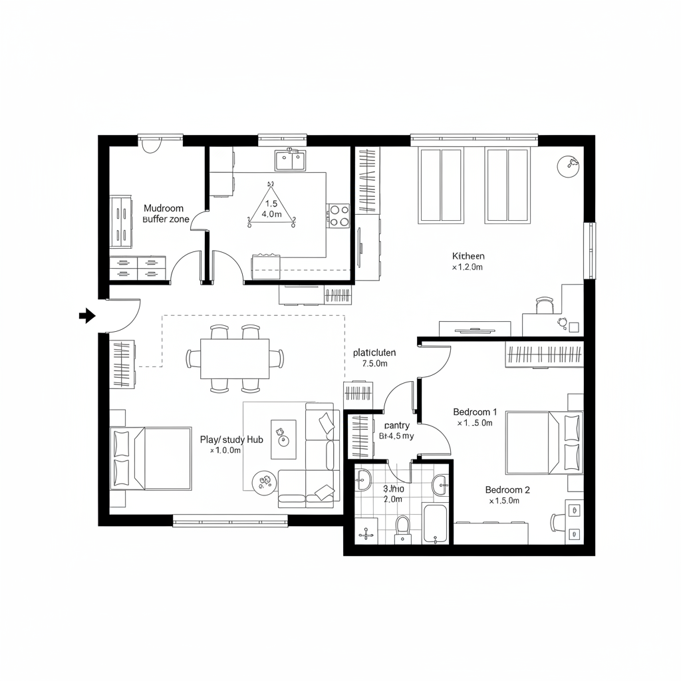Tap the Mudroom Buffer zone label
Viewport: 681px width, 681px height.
[165, 213]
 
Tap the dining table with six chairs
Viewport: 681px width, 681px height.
[235, 358]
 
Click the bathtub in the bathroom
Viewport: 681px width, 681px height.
[436, 524]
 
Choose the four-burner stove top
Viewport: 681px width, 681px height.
[339, 214]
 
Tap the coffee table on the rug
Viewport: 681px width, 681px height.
[283, 438]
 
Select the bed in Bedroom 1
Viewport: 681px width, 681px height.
[543, 442]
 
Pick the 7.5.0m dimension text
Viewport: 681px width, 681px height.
[375, 364]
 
